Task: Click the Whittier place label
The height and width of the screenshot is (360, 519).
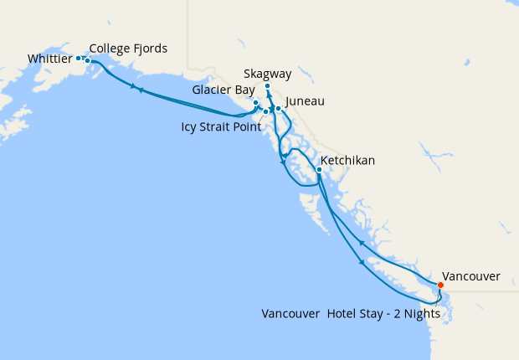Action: pyautogui.click(x=49, y=59)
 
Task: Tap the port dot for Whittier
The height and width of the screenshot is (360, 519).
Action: pyautogui.click(x=79, y=58)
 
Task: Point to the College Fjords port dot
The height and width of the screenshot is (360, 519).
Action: pyautogui.click(x=87, y=61)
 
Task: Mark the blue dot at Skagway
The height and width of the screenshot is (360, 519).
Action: pyautogui.click(x=267, y=86)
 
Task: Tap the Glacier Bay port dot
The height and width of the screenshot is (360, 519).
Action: pyautogui.click(x=256, y=103)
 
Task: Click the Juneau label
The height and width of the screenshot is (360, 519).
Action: pyautogui.click(x=305, y=102)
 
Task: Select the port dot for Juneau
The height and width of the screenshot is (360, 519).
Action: pyautogui.click(x=278, y=109)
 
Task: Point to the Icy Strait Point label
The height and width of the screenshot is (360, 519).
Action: pyautogui.click(x=221, y=127)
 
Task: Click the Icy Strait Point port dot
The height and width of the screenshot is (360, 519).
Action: pyautogui.click(x=265, y=111)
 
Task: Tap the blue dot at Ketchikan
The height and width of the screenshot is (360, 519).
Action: pyautogui.click(x=319, y=170)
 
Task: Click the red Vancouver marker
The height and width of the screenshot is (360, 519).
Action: pyautogui.click(x=441, y=285)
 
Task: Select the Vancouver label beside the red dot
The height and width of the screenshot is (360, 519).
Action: pyautogui.click(x=470, y=275)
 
